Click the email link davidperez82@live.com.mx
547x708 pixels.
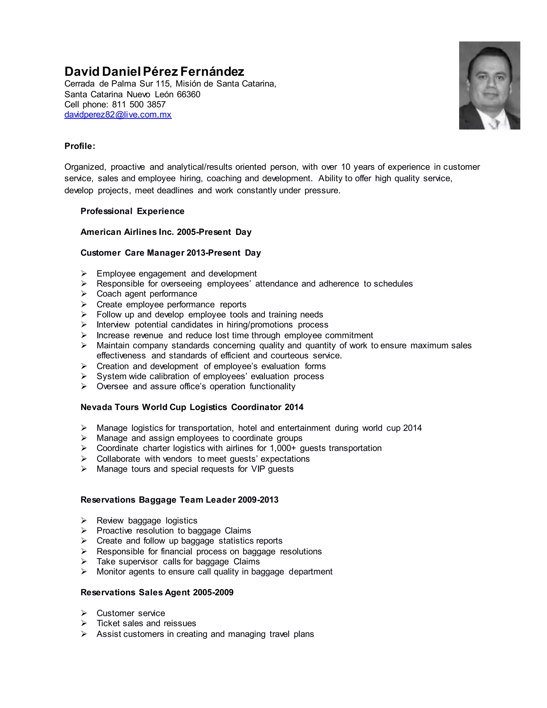(x=118, y=115)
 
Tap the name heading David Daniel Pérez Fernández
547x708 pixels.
(x=154, y=71)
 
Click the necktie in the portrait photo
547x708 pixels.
(x=494, y=124)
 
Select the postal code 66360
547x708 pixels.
(x=188, y=94)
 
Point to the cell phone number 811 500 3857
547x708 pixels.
(x=139, y=104)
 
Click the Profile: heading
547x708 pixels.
(x=80, y=146)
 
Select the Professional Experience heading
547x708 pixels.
(x=132, y=211)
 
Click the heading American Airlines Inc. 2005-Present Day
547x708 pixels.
(x=166, y=232)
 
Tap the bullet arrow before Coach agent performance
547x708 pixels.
(x=84, y=294)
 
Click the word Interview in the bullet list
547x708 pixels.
(x=113, y=325)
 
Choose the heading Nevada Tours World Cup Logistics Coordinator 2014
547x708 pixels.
(x=192, y=407)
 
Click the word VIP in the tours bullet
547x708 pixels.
(x=258, y=469)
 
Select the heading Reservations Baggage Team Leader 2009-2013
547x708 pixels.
(x=179, y=500)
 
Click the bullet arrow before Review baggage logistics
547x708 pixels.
(x=84, y=521)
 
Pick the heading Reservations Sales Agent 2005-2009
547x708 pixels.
(x=157, y=593)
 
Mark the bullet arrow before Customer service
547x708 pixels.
(x=84, y=613)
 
